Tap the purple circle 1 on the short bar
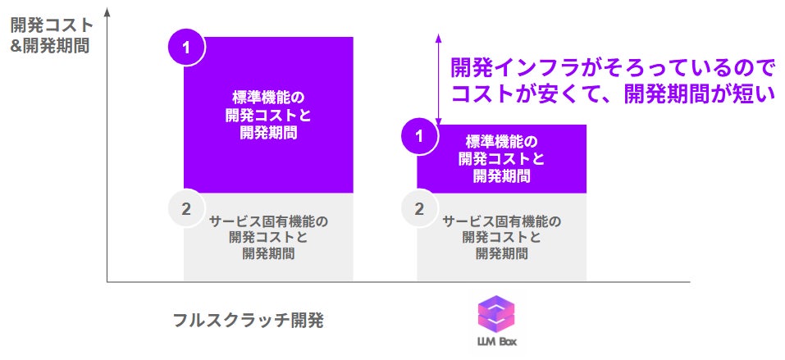(x=419, y=136)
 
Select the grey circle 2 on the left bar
(x=186, y=208)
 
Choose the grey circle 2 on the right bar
(x=419, y=208)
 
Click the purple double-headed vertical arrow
(x=439, y=78)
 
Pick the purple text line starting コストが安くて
(x=612, y=93)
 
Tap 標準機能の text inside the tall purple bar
(x=268, y=97)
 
